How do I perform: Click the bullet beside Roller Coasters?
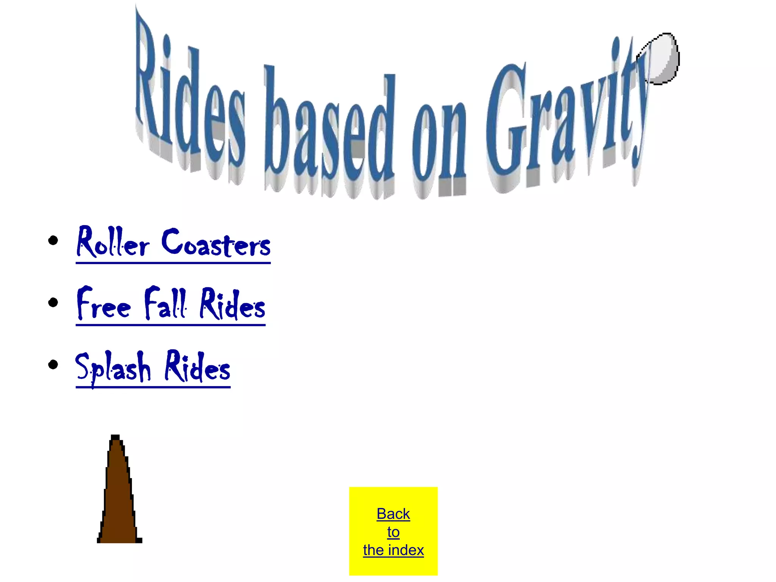(53, 240)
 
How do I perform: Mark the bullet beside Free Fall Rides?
(53, 302)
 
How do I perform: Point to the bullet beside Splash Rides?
(53, 365)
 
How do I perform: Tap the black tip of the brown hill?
(115, 438)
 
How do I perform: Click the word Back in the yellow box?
(393, 514)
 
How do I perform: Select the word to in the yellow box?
(393, 532)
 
